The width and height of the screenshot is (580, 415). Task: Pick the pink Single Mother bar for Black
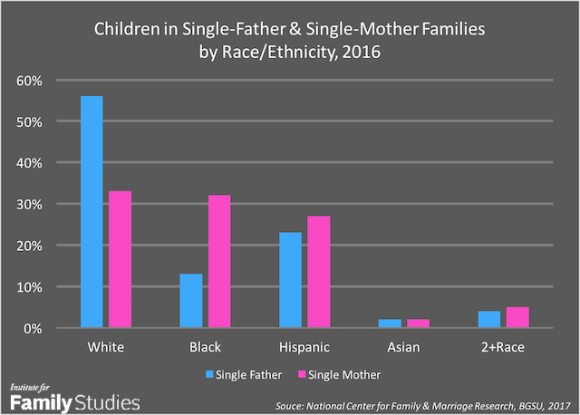(x=221, y=260)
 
